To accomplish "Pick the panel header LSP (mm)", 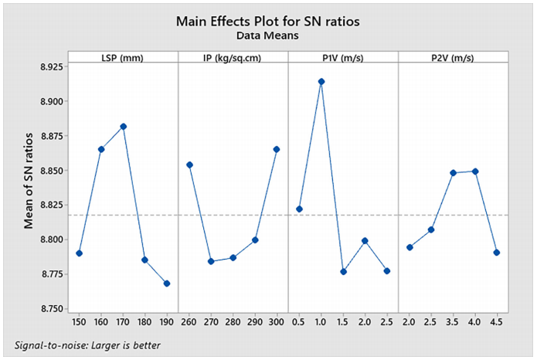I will pyautogui.click(x=123, y=59).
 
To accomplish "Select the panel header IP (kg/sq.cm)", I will pyautogui.click(x=233, y=59).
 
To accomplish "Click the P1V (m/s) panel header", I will pyautogui.click(x=343, y=59).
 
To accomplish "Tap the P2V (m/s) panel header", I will pyautogui.click(x=453, y=59).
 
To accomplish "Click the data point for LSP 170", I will pyautogui.click(x=123, y=127).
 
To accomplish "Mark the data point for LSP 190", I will pyautogui.click(x=167, y=284).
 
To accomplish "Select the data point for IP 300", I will pyautogui.click(x=277, y=149).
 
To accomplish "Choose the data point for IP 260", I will pyautogui.click(x=189, y=165).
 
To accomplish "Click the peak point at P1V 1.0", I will pyautogui.click(x=321, y=81).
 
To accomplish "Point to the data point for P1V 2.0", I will pyautogui.click(x=365, y=241).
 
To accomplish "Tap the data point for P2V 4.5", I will pyautogui.click(x=497, y=253).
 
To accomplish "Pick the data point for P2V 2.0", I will pyautogui.click(x=410, y=247).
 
